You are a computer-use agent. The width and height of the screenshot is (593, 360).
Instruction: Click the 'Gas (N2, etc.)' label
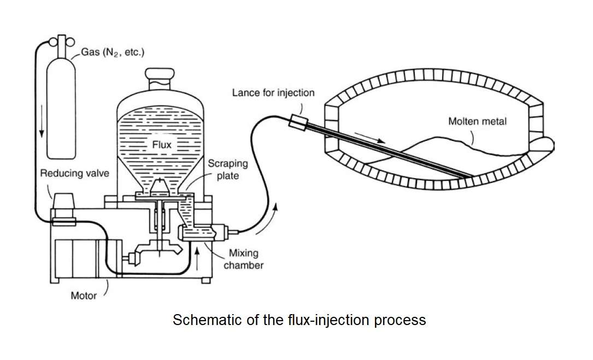tap(113, 52)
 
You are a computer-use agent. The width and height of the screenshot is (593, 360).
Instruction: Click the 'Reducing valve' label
tap(74, 173)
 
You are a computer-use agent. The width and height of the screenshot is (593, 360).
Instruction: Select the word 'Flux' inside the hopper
tap(162, 144)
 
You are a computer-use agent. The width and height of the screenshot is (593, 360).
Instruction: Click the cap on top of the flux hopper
tap(160, 79)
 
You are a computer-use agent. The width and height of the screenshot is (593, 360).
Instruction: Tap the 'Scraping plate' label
tap(228, 169)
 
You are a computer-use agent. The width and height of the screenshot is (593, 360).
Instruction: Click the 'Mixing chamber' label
tap(244, 259)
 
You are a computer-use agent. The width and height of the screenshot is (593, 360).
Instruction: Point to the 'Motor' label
tap(84, 296)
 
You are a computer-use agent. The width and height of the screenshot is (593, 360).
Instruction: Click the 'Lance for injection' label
tap(273, 93)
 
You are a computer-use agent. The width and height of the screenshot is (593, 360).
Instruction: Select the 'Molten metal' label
tap(477, 121)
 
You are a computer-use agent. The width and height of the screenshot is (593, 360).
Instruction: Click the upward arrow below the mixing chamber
tap(197, 258)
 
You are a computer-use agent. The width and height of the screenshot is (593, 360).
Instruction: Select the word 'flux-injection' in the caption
tap(328, 321)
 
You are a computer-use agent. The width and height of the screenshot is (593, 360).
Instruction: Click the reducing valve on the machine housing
tap(63, 209)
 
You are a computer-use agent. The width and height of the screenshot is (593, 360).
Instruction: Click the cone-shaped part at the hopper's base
tap(159, 186)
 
